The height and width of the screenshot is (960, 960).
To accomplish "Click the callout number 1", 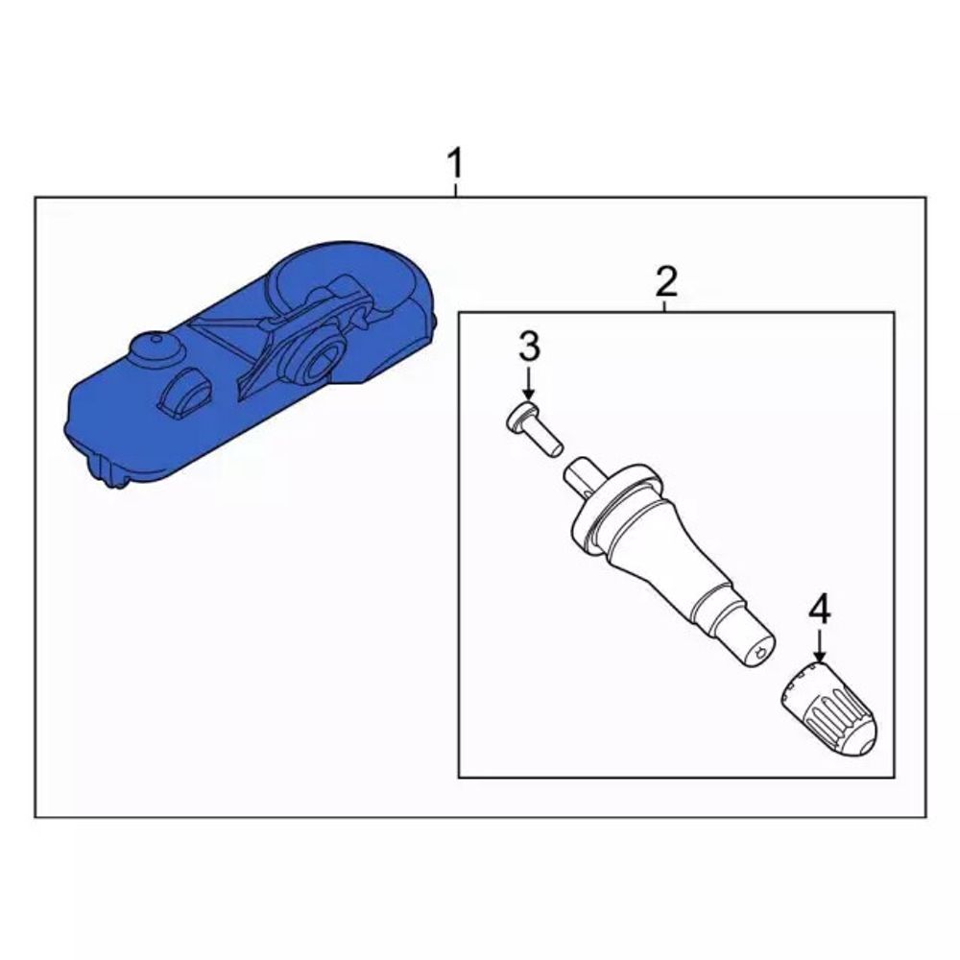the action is [455, 162].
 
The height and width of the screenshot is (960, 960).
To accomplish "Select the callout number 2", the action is [666, 281].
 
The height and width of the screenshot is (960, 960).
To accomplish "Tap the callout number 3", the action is [529, 346].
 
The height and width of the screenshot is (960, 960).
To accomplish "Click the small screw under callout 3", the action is [533, 427].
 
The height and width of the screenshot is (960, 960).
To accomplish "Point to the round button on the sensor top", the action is [156, 350].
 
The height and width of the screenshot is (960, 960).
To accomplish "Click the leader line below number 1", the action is [455, 189].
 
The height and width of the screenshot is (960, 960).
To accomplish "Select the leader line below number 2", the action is [666, 306].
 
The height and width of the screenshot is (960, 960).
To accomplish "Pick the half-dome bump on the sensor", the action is [183, 394].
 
